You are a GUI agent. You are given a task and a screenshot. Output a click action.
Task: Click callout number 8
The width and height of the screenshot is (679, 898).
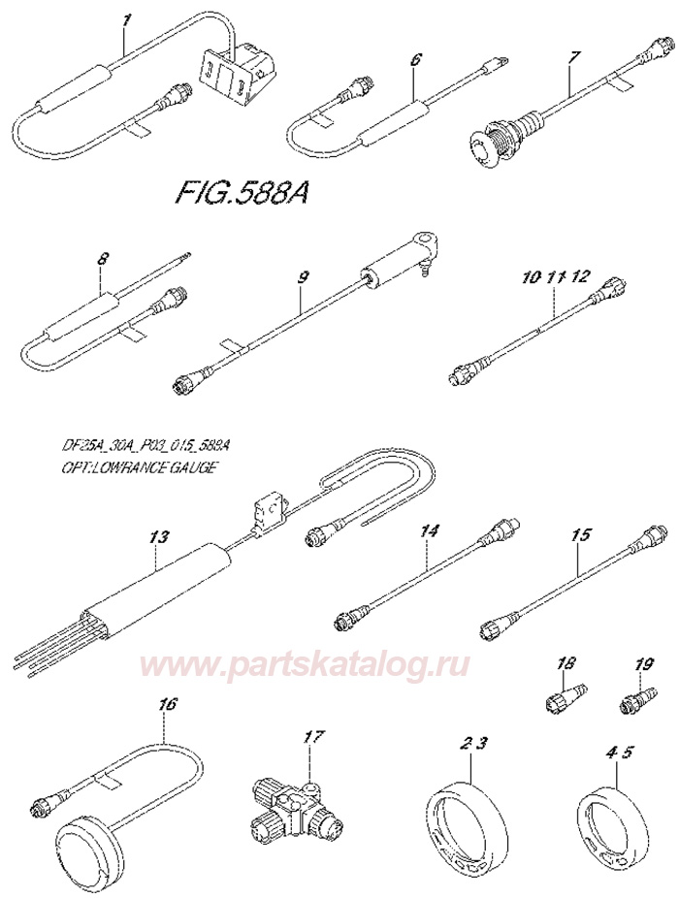[x=104, y=261]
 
